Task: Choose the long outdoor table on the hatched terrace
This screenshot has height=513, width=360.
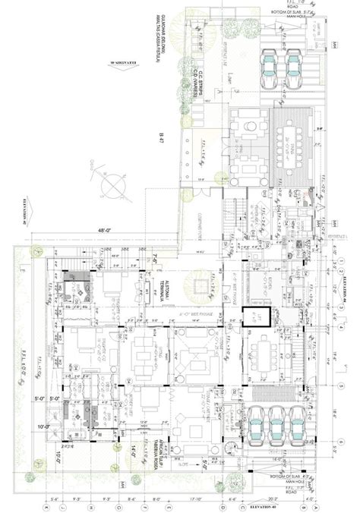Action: (289, 151)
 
